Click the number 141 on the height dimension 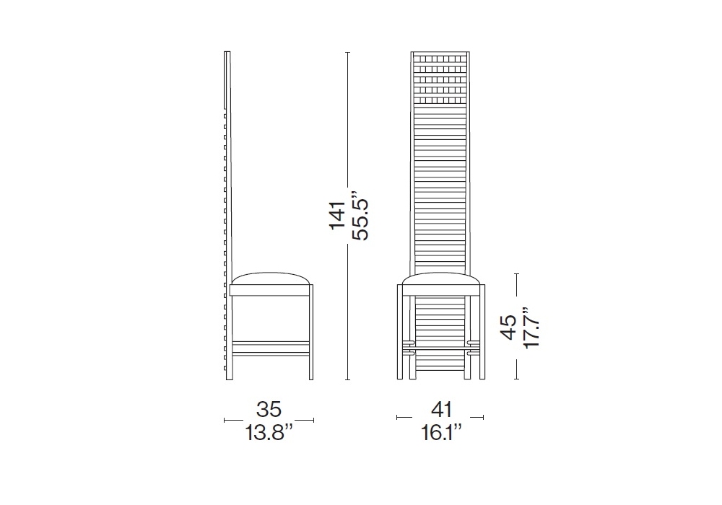pos(337,215)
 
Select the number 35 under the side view pos(269,409)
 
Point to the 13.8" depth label pos(269,433)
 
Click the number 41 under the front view pos(442,409)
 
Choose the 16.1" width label pos(441,433)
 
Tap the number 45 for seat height pos(509,327)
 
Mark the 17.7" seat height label pos(531,328)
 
